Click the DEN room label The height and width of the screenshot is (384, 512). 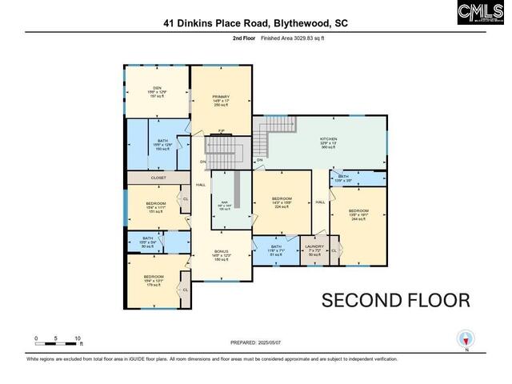pos(158,88)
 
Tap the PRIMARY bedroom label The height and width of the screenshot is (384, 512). pos(221,97)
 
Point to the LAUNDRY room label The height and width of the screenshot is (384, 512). pos(314,246)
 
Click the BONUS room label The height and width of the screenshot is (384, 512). pos(221,251)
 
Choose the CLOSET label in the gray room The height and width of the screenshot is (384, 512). pos(158,178)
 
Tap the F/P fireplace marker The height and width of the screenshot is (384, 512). pos(221,131)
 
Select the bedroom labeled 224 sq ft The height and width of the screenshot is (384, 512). pos(282,198)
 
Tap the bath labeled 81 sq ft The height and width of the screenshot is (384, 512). pos(276,246)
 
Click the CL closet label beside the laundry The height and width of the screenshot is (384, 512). pos(334,250)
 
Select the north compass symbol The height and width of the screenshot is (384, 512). pos(465,338)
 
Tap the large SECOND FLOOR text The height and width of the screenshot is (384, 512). pos(395,300)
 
